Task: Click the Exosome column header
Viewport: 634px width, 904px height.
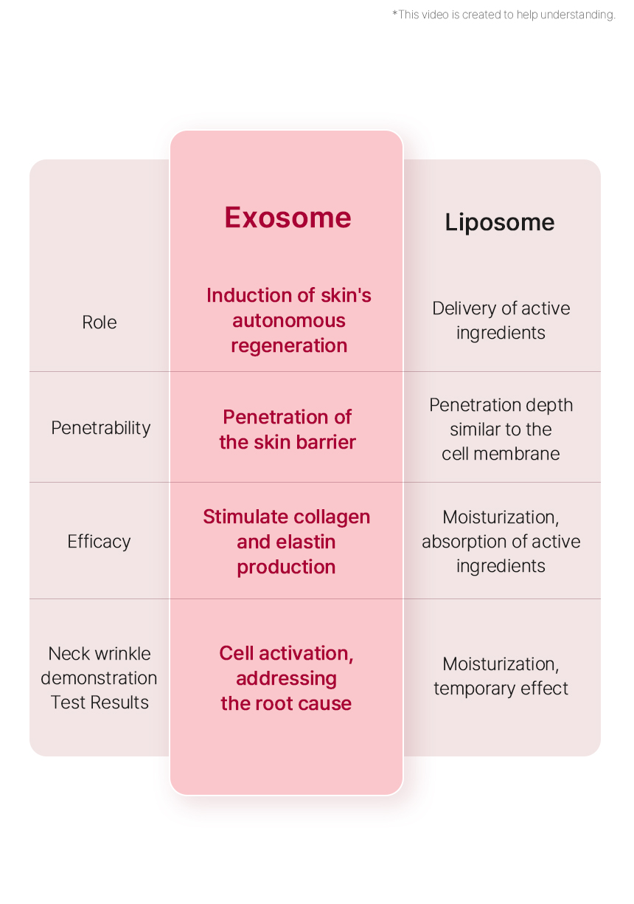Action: click(288, 218)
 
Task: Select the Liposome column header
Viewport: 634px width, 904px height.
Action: click(500, 223)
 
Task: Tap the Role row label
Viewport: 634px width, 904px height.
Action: click(99, 322)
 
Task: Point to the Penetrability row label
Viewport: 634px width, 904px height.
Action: click(101, 428)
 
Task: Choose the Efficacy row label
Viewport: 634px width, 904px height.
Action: click(99, 542)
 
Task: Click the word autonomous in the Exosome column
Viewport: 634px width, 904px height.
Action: click(288, 321)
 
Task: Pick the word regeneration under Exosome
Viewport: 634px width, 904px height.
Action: click(289, 346)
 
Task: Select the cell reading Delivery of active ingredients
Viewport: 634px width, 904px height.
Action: click(501, 321)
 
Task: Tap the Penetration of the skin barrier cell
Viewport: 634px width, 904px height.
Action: click(288, 429)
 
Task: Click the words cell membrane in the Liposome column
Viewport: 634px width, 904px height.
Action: click(501, 454)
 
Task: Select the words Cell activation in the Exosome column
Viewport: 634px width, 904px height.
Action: click(286, 653)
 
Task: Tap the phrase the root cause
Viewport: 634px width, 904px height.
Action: click(286, 703)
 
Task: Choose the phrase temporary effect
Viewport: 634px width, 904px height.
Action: click(501, 689)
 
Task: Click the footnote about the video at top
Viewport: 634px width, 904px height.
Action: click(504, 15)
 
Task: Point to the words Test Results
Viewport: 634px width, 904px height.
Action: click(100, 703)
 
